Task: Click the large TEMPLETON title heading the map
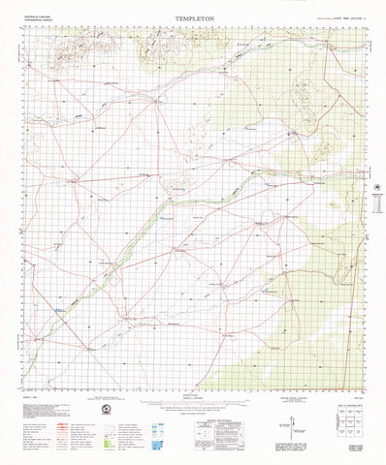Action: (195, 17)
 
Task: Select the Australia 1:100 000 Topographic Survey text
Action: (43, 21)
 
